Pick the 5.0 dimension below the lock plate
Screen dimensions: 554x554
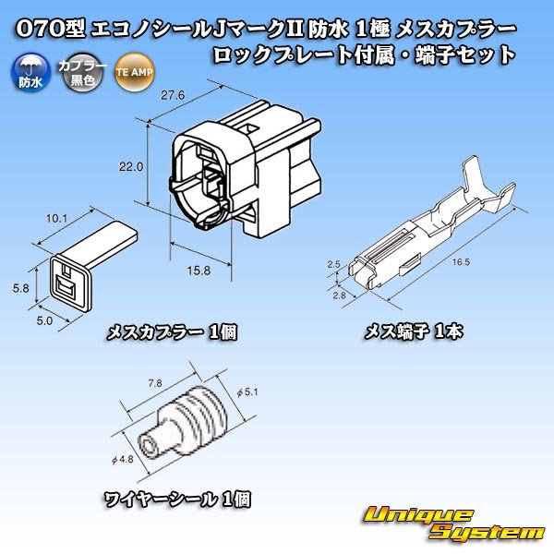coord(43,321)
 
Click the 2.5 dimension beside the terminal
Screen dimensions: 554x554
coord(334,265)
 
